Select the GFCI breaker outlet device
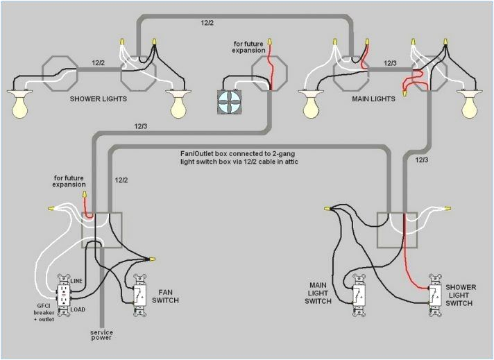click(x=64, y=297)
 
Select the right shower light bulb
click(x=180, y=104)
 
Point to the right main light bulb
click(x=471, y=104)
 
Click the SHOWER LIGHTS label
click(x=97, y=99)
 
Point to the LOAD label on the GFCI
click(x=78, y=309)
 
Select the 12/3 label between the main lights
click(x=390, y=62)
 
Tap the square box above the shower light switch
click(x=398, y=230)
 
